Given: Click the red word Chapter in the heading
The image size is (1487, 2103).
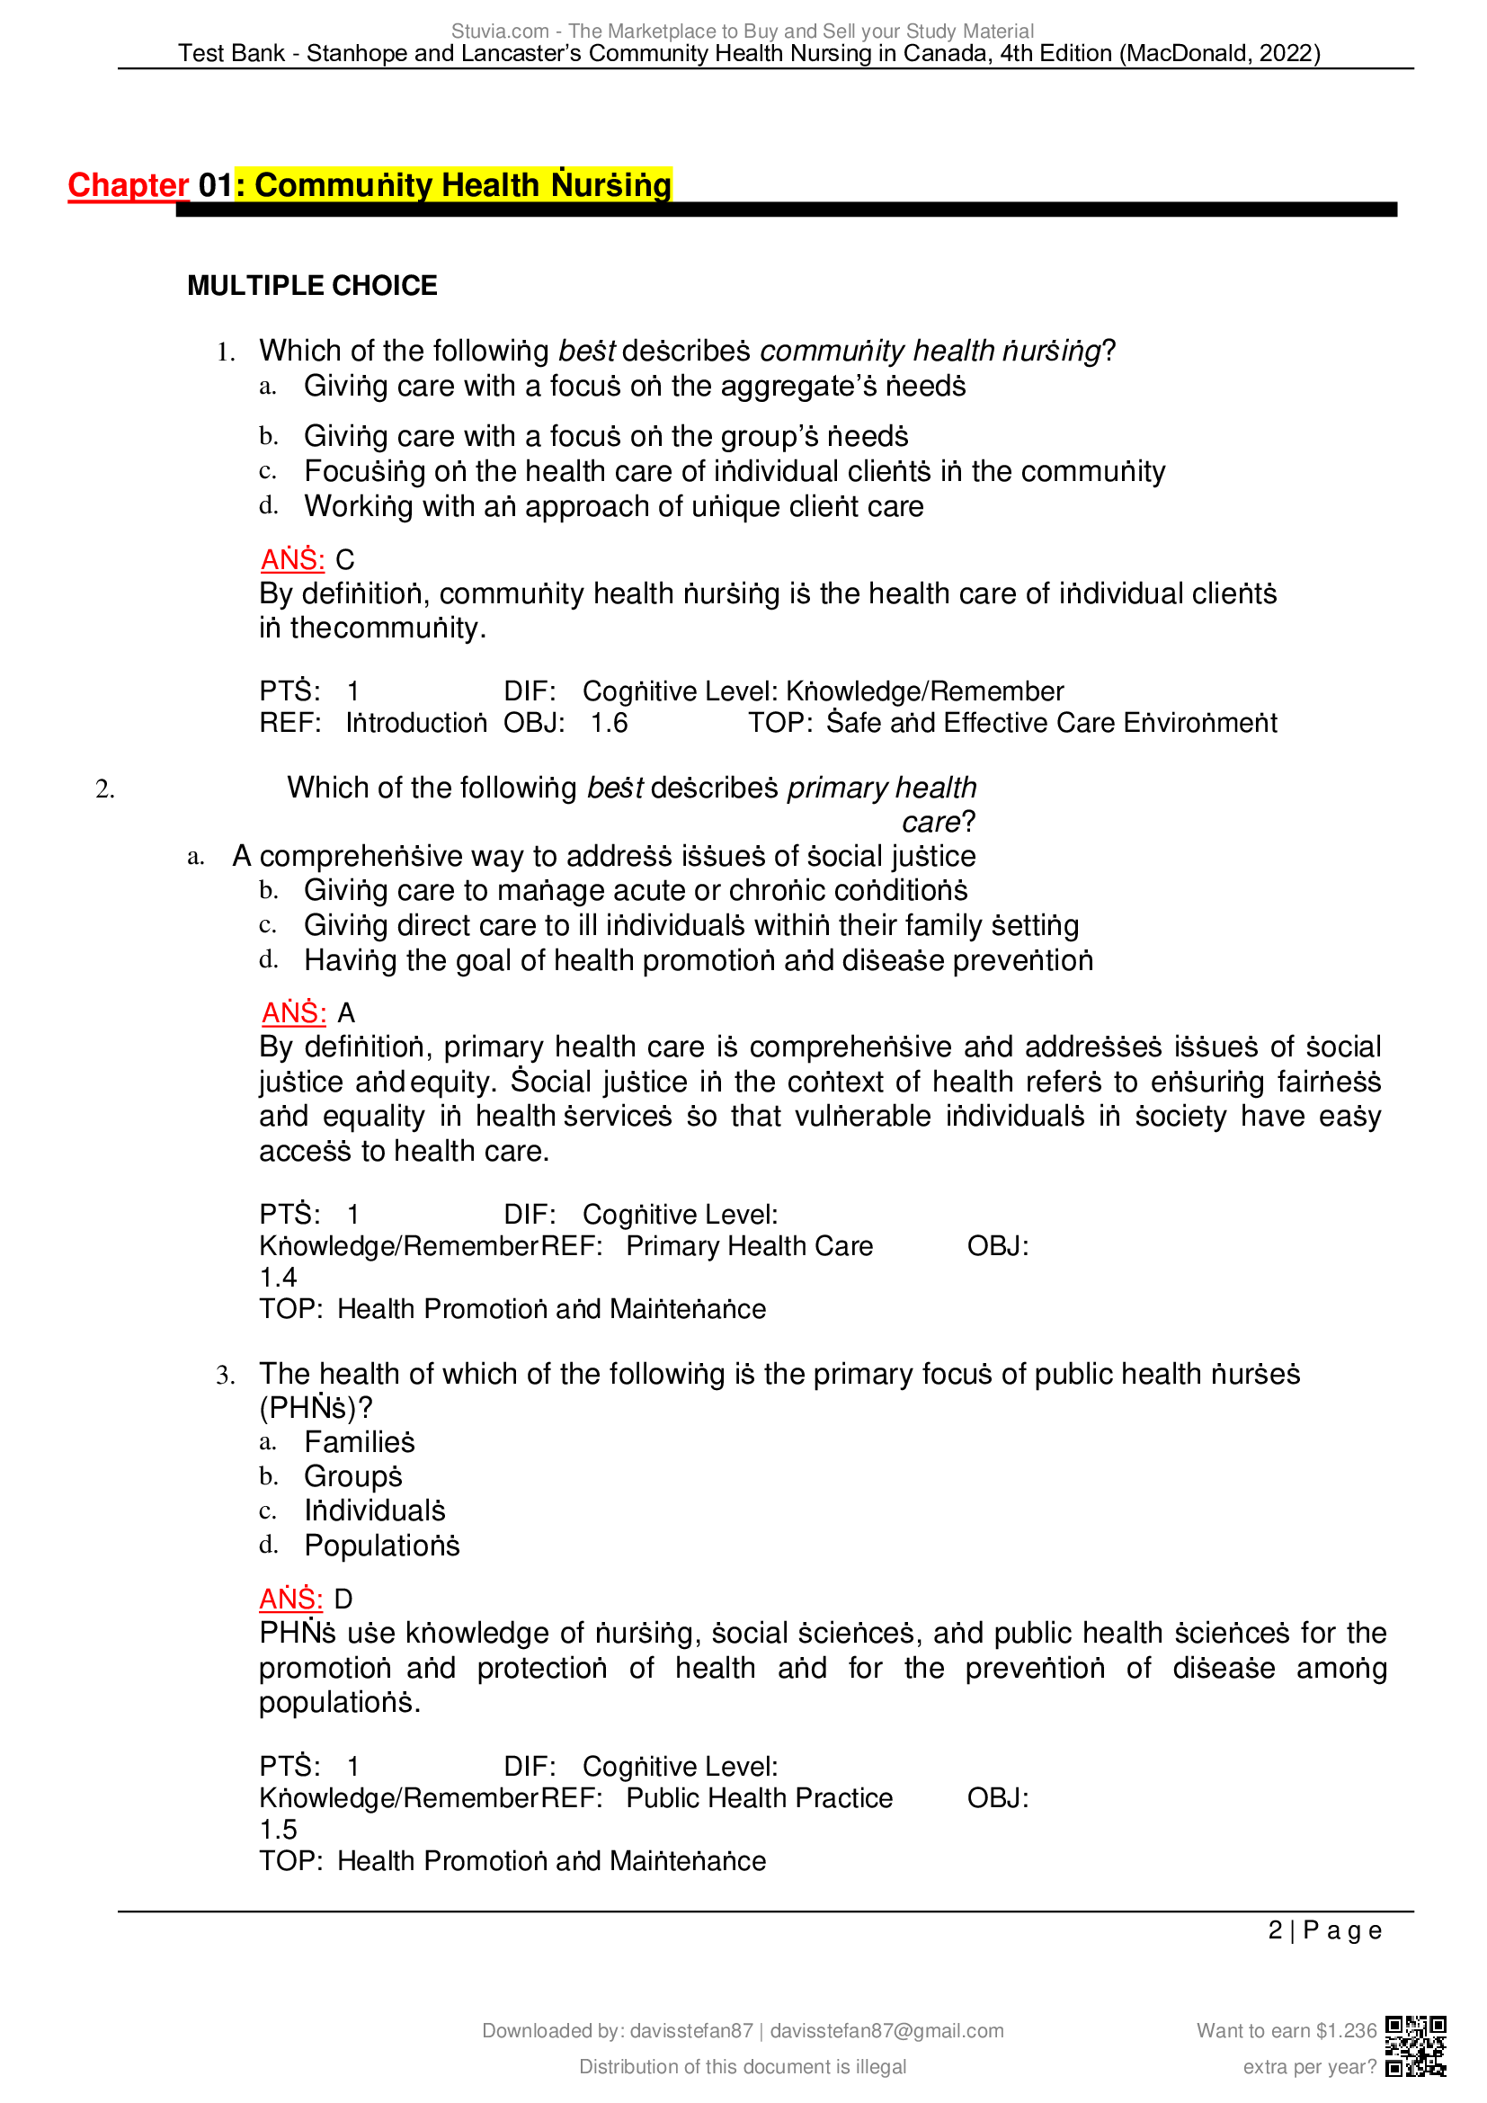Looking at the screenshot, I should click(128, 185).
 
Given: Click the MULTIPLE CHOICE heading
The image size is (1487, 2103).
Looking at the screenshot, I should click(311, 286).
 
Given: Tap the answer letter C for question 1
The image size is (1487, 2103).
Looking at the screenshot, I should click(344, 559).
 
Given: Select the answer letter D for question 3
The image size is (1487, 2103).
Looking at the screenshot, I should click(343, 1600).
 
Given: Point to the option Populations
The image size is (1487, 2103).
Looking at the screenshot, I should click(381, 1546).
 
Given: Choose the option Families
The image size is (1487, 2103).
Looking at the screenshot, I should click(359, 1442).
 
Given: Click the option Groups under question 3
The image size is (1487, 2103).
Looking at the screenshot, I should click(352, 1476).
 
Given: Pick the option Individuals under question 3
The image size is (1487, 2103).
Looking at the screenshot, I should click(375, 1511).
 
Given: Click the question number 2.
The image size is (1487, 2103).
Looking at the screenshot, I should click(104, 789).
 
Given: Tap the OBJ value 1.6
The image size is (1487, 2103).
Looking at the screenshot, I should click(609, 724).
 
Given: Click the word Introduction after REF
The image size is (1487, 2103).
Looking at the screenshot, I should click(415, 724).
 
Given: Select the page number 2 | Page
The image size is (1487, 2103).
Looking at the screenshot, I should click(1324, 1930).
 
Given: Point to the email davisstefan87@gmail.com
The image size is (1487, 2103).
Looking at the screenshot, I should click(886, 2031).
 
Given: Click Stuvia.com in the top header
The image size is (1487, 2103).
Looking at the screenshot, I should click(500, 31).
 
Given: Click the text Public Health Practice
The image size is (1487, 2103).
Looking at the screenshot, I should click(759, 1799).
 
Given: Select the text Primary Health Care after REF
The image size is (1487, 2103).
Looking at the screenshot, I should click(749, 1246).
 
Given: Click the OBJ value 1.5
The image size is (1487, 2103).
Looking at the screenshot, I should click(279, 1830).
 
